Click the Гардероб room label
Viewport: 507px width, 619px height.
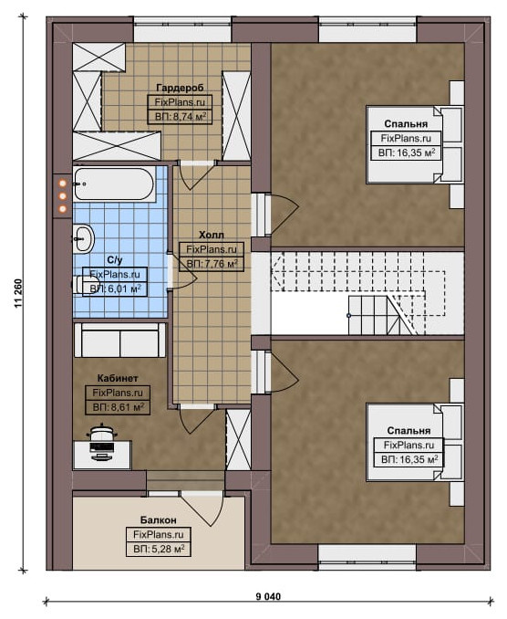(x=180, y=88)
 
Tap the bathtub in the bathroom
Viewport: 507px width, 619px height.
(x=114, y=184)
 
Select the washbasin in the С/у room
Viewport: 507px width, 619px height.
(x=83, y=238)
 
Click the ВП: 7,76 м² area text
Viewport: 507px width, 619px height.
(x=212, y=264)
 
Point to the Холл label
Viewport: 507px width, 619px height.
(x=212, y=236)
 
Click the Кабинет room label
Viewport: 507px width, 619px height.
(x=118, y=378)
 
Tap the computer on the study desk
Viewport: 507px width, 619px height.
(x=102, y=442)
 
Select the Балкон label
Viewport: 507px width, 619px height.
(x=159, y=519)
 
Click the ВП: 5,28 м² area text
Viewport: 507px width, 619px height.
(x=159, y=549)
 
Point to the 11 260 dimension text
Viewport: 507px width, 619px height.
(x=18, y=293)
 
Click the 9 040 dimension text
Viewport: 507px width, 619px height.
(x=268, y=596)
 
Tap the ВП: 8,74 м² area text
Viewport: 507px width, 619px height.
(x=181, y=117)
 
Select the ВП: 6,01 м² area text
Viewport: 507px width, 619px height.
(x=115, y=289)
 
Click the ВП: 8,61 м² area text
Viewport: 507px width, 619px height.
(x=118, y=407)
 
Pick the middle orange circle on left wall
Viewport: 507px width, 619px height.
(x=62, y=195)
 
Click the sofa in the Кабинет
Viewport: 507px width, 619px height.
(x=119, y=341)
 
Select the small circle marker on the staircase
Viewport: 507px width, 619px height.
(x=348, y=315)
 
